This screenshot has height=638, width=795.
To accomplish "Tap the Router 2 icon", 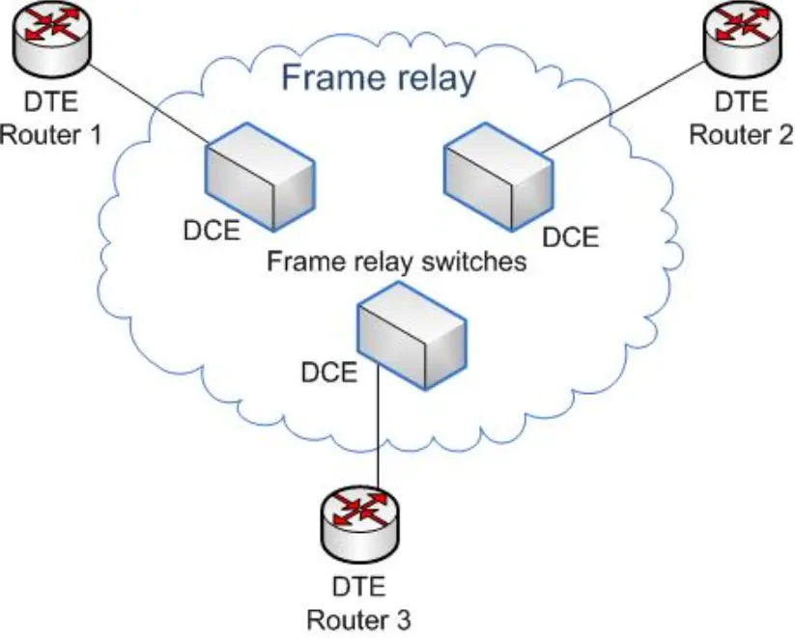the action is pos(743,40).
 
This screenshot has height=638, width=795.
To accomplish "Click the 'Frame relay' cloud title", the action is pos(379,77).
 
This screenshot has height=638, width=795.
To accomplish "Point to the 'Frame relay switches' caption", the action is pos(396,262).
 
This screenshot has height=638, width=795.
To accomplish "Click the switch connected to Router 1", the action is pos(260,177).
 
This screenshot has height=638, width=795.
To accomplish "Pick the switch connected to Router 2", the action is pos(498,177).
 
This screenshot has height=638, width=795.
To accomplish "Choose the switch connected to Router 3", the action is pos(412,336).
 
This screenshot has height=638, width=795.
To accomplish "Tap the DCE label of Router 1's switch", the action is pos(212,231).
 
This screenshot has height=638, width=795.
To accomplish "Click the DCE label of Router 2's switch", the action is pos(570,237).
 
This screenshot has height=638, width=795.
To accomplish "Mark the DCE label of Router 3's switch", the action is pos(329,373).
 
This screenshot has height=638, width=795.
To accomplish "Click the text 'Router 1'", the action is pos(50,135).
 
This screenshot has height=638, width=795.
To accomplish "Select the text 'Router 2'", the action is pos(741,135).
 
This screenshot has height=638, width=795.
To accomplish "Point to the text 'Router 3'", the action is pos(359,621).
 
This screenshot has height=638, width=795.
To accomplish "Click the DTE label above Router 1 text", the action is pos(51,102).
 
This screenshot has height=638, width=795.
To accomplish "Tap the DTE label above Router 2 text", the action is pos(741,102).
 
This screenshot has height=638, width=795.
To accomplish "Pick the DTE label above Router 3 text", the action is pos(359,587).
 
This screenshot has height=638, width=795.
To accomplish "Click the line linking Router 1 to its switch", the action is pos(149,106).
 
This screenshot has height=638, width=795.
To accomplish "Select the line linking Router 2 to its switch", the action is pos(623,107).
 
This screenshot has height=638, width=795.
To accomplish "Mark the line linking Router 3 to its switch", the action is pos(379,424).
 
